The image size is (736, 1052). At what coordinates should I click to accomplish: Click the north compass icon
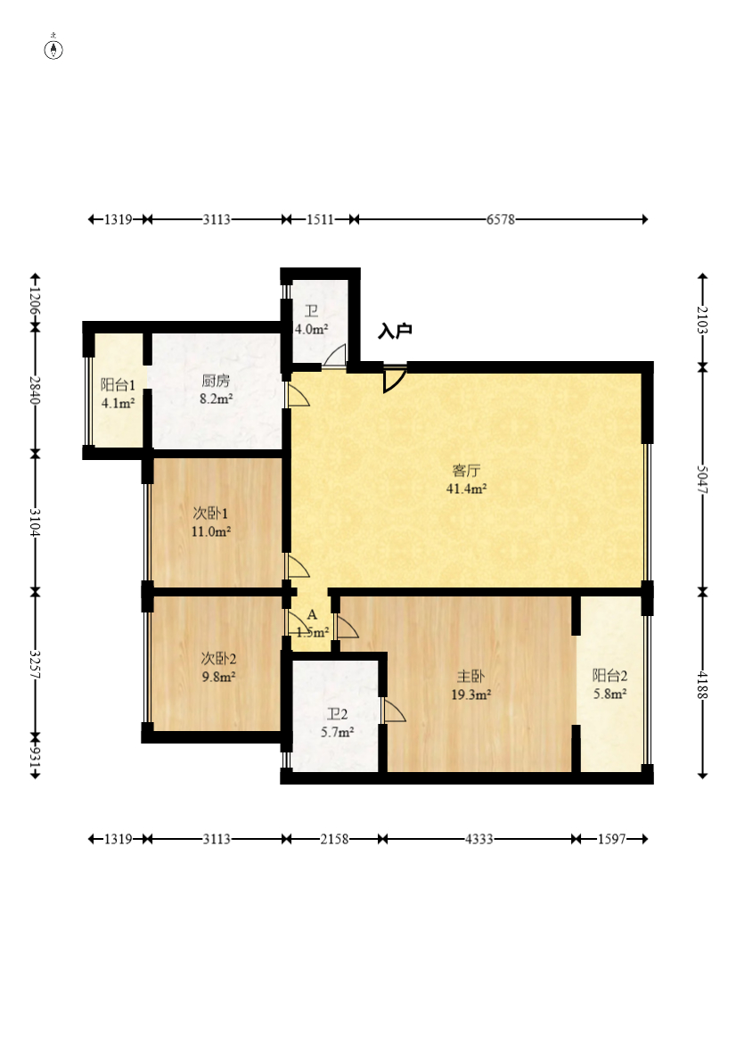[x=53, y=49]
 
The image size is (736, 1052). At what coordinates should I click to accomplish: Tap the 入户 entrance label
[x=395, y=331]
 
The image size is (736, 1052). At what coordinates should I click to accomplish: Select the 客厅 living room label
[x=467, y=471]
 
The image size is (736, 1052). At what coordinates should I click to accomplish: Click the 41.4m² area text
[x=467, y=489]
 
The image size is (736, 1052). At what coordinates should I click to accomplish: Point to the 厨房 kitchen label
[x=216, y=381]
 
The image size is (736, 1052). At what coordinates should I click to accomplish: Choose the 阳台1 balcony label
[x=118, y=384]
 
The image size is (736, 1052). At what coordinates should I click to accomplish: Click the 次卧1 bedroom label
[x=211, y=514]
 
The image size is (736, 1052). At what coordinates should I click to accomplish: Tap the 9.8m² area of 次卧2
[x=218, y=677]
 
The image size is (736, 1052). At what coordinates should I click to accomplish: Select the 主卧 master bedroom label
[x=470, y=676]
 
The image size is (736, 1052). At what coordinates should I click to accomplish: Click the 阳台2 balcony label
[x=610, y=675]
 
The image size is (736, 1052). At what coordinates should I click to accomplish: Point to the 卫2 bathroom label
[x=337, y=714]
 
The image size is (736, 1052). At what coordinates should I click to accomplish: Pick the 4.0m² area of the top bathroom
[x=312, y=330]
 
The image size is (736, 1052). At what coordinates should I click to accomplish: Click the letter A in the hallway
[x=312, y=614]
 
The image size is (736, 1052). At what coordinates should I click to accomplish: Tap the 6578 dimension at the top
[x=501, y=219]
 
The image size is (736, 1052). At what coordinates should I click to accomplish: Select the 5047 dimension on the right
[x=702, y=479]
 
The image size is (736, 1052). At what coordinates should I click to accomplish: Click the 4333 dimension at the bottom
[x=479, y=839]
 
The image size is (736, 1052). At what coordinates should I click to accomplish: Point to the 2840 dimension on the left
[x=35, y=390]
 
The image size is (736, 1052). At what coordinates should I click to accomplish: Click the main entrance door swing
[x=395, y=380]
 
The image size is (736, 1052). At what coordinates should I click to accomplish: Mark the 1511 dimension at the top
[x=321, y=219]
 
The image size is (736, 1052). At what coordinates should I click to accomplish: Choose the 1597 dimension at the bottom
[x=612, y=839]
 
